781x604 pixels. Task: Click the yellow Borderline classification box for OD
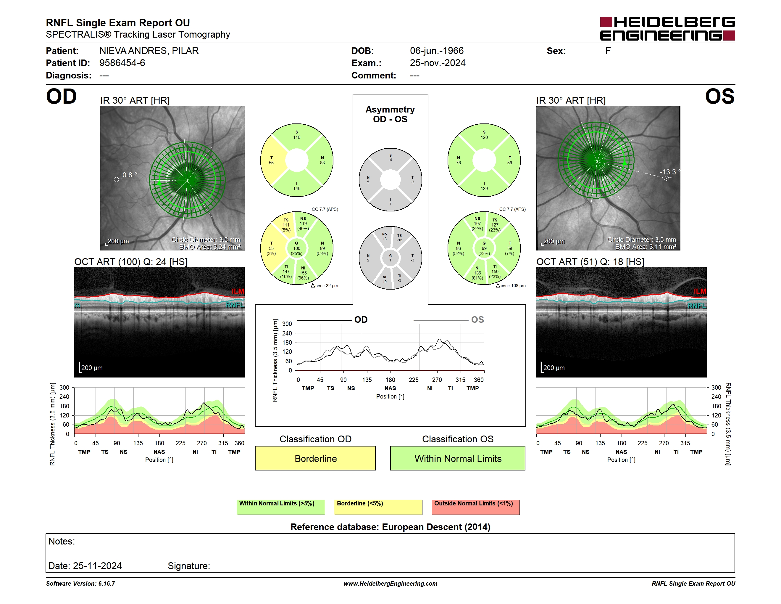315,458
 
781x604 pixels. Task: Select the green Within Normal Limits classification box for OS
458,458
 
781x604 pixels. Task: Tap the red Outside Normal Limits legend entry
476,507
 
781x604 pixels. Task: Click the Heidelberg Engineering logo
667,29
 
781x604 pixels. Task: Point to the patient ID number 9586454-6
122,63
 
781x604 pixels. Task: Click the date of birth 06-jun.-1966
437,51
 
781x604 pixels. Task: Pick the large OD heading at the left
62,97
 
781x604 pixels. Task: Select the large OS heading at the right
720,97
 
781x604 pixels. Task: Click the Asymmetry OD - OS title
390,114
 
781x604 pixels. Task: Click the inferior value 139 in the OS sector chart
484,189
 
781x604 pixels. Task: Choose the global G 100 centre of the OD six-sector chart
297,248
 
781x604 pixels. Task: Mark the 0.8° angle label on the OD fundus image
130,175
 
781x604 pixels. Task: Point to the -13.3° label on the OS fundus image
670,172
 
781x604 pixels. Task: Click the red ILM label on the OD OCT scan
238,291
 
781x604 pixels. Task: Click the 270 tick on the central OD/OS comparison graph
437,380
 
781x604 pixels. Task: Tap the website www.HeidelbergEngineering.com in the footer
390,584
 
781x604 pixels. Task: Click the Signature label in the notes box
189,566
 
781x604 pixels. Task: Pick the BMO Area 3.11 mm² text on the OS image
646,247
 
